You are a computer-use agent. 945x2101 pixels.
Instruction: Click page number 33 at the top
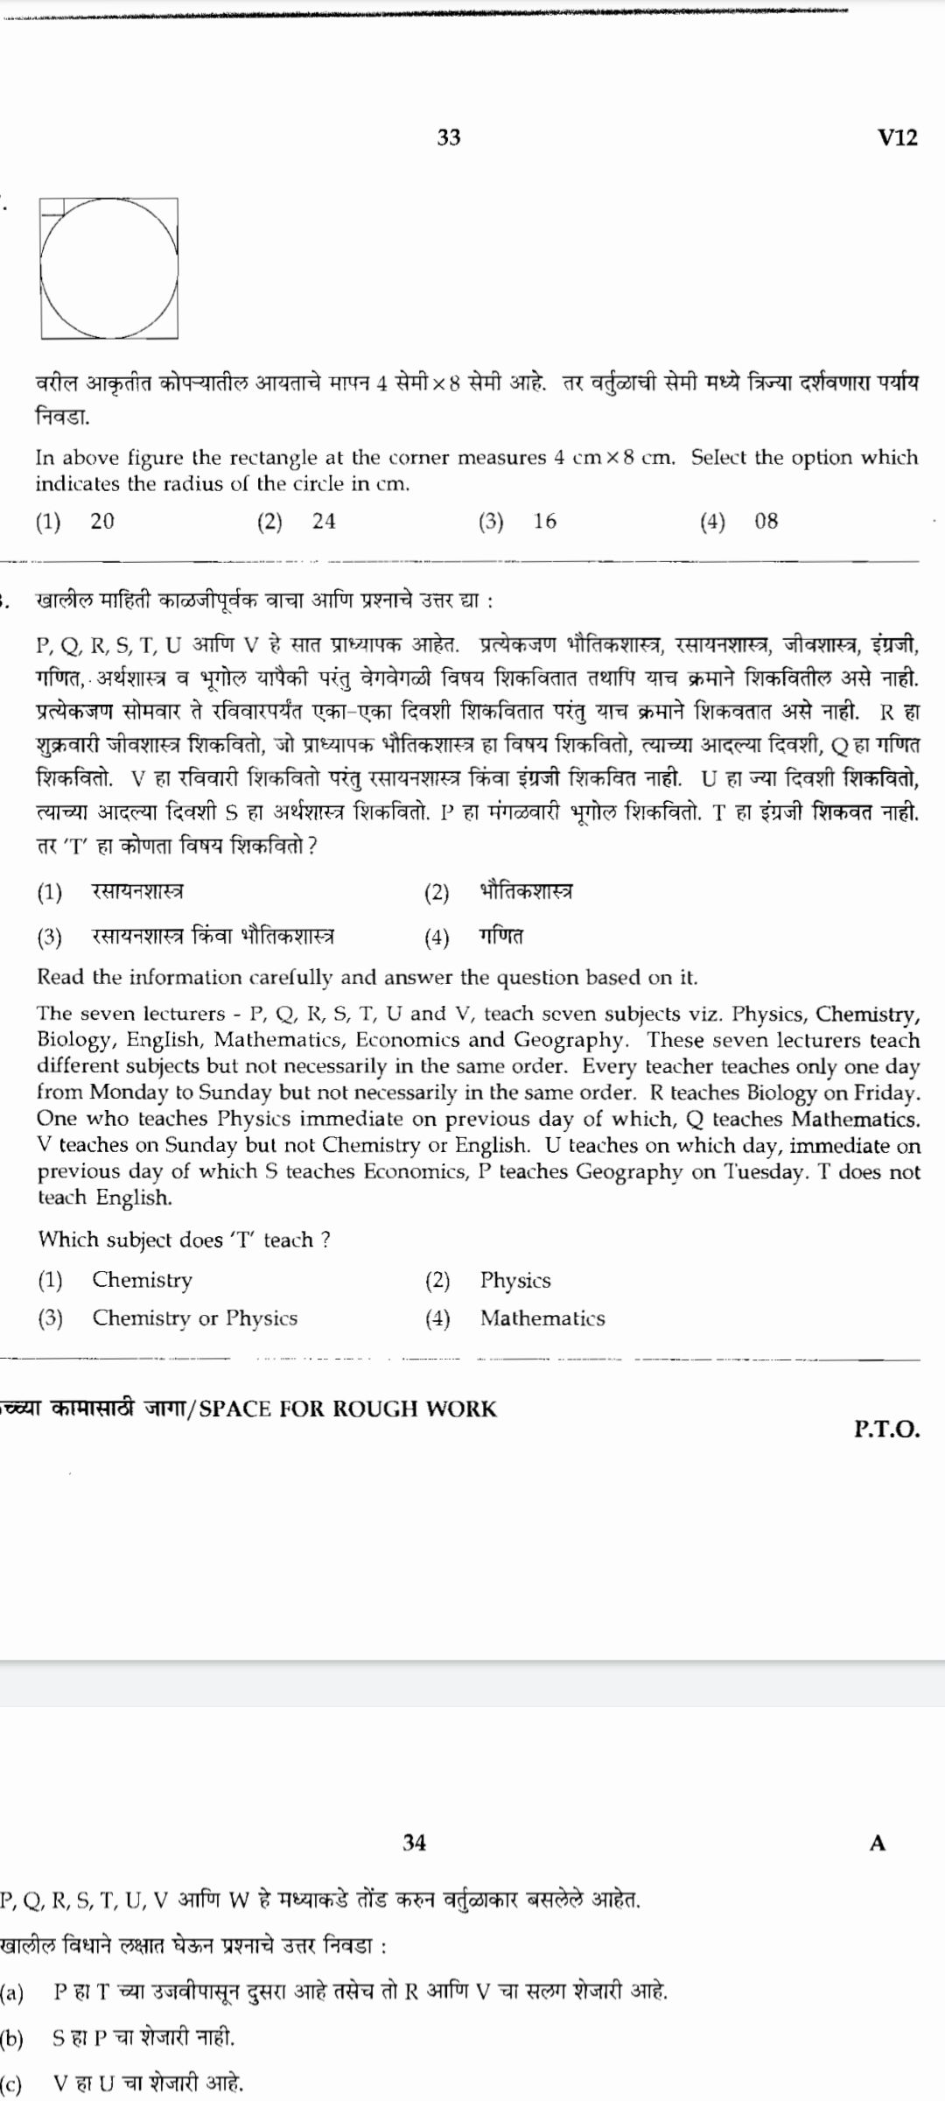click(x=449, y=137)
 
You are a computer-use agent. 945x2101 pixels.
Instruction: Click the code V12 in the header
click(x=897, y=137)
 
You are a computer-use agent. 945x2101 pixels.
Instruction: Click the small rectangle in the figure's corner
click(x=52, y=207)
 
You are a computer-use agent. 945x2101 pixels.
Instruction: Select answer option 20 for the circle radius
click(x=101, y=522)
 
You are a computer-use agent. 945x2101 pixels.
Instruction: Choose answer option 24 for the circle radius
click(x=324, y=522)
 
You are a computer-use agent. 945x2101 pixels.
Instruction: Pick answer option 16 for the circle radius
click(x=545, y=522)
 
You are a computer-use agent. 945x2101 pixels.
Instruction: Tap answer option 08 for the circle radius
click(x=766, y=522)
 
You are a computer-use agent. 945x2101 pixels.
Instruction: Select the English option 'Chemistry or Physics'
click(x=194, y=1318)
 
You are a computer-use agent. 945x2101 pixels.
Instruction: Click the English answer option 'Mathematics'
click(x=542, y=1318)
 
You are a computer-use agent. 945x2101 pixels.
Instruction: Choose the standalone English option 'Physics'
click(x=515, y=1281)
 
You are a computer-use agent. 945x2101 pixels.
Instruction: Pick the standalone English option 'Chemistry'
click(x=143, y=1281)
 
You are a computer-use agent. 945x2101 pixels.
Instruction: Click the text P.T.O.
click(x=886, y=1430)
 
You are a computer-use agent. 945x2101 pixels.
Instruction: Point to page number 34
click(x=415, y=1843)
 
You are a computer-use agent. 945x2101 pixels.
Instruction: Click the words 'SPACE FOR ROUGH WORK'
click(x=347, y=1409)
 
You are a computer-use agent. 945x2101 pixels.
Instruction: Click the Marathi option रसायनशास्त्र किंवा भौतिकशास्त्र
click(x=213, y=937)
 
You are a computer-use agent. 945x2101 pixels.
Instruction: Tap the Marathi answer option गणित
click(x=501, y=937)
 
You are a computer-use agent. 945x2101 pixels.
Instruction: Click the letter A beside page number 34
click(x=878, y=1844)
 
